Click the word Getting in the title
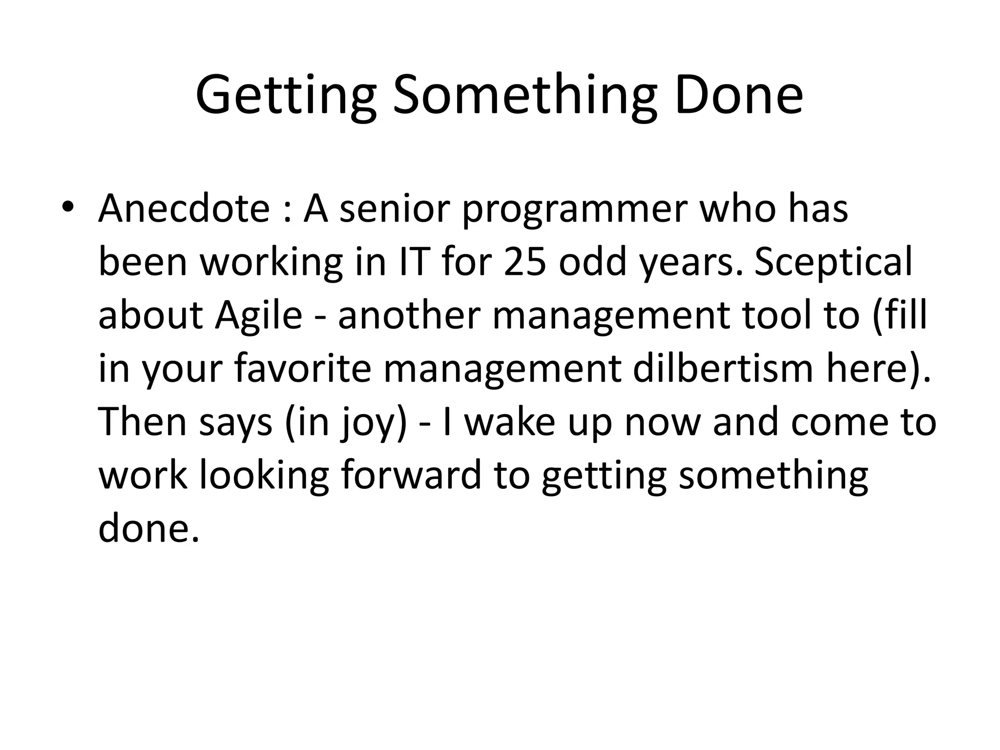(286, 96)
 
